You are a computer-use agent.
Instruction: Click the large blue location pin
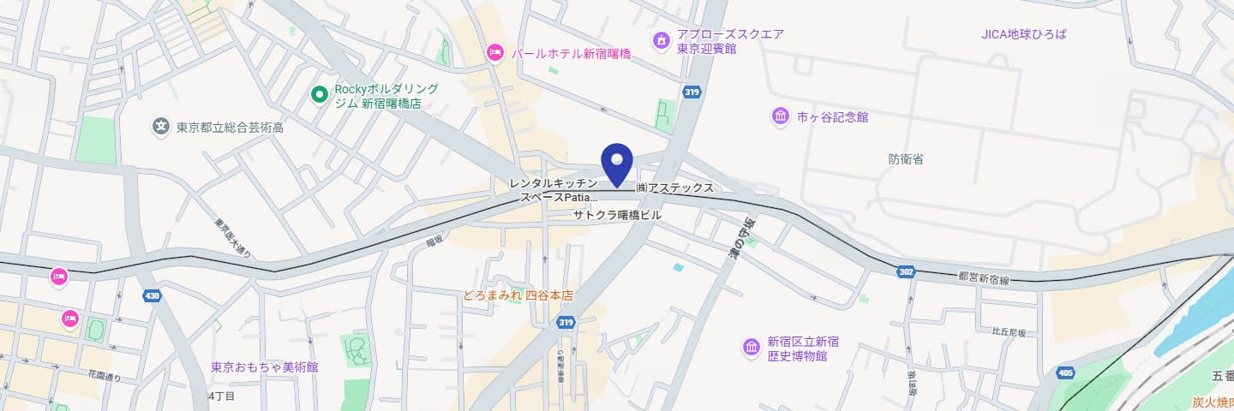point(617,163)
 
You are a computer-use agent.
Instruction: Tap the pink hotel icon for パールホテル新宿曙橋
point(494,53)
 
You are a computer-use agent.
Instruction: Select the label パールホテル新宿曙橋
point(571,54)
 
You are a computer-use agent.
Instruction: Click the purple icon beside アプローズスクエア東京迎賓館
point(661,40)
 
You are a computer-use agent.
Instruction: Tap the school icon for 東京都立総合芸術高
point(160,127)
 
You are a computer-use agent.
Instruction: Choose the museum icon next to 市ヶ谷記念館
point(781,116)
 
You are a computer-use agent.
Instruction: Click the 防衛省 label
point(906,159)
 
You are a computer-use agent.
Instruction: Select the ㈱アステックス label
point(674,188)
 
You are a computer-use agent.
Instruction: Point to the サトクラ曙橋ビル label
point(617,216)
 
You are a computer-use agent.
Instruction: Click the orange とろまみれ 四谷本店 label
point(518,295)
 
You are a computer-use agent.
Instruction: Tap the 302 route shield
point(906,271)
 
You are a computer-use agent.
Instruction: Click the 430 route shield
point(153,296)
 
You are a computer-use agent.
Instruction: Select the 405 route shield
point(1065,372)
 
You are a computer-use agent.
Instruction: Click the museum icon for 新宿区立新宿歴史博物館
point(752,348)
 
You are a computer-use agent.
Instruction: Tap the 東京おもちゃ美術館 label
point(265,367)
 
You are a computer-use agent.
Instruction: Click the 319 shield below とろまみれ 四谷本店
point(565,322)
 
